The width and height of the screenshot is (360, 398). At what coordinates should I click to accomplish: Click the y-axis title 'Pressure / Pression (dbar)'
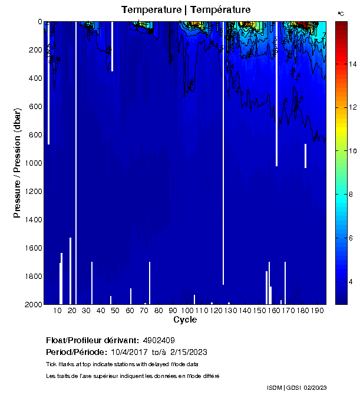coord(18,163)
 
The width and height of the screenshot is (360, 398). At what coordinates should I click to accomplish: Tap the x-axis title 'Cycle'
coord(181,320)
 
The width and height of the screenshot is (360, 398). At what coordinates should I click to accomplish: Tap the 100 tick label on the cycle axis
coord(187,310)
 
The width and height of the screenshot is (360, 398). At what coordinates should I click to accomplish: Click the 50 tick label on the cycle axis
coord(115,310)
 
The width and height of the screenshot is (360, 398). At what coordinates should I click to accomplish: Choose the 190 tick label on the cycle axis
coord(318,310)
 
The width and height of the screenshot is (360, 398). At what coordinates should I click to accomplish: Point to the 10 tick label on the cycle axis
coord(57,310)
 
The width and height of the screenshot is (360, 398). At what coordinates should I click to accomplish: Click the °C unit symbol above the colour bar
coord(341,13)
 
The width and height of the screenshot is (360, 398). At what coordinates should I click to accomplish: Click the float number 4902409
coord(158,340)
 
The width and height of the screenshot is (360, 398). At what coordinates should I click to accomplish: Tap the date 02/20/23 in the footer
coord(315,387)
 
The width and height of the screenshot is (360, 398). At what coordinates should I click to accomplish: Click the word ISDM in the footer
coord(275,387)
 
